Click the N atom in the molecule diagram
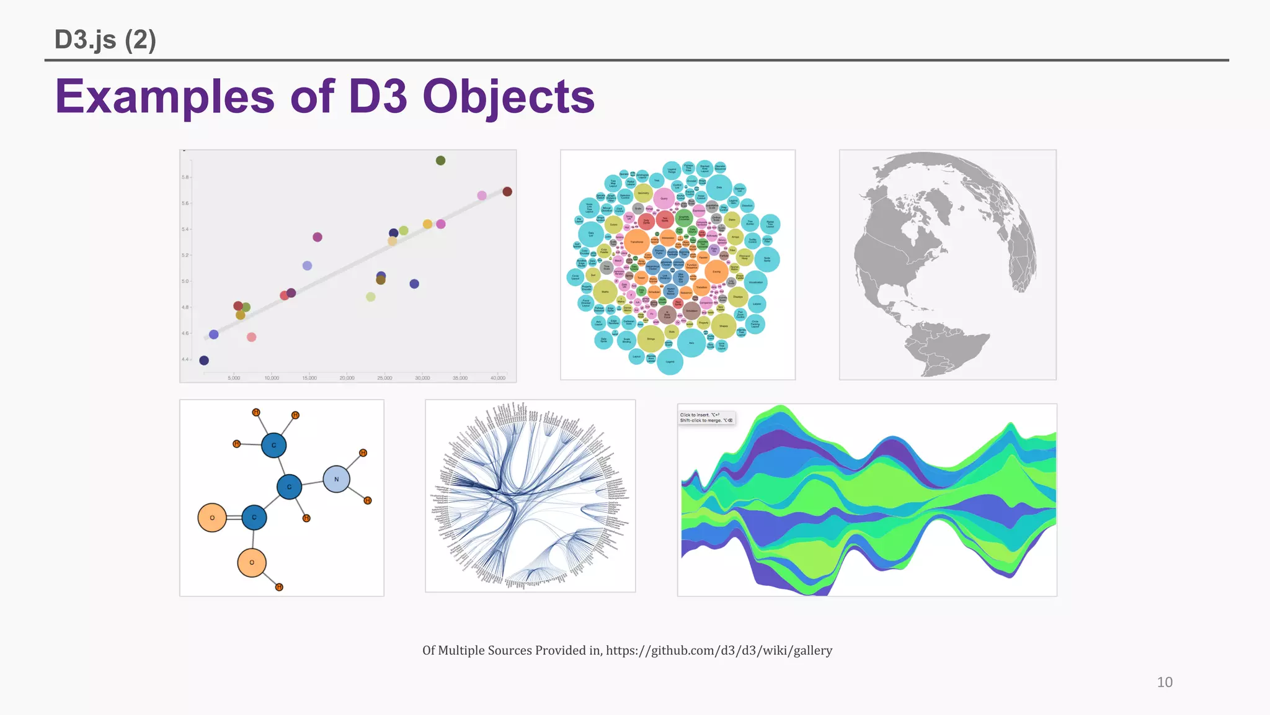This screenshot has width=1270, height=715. click(x=336, y=479)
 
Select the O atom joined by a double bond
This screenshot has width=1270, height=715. click(x=212, y=518)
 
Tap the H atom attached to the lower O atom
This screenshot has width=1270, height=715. click(x=279, y=587)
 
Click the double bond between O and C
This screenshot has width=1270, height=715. click(x=234, y=518)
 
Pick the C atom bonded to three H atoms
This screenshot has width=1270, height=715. click(x=273, y=445)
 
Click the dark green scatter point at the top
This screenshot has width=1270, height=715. click(x=440, y=161)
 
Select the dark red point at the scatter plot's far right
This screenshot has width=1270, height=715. click(x=507, y=191)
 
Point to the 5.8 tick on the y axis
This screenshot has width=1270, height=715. click(x=185, y=178)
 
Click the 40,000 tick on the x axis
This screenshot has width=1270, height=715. click(x=498, y=378)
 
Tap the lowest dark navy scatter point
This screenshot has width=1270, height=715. click(x=204, y=361)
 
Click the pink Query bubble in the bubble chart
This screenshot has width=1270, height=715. click(x=664, y=199)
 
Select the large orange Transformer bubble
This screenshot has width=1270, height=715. click(x=637, y=242)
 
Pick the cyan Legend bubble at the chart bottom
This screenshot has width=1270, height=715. click(x=670, y=362)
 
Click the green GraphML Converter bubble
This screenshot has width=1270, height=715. click(x=684, y=218)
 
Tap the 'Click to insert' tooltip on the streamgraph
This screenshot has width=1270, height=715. click(x=706, y=418)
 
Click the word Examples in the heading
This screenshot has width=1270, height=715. click(x=165, y=97)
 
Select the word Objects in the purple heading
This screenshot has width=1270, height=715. click(x=508, y=97)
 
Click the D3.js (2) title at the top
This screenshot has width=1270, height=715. click(x=105, y=40)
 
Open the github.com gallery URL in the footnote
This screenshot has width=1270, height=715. click(x=719, y=650)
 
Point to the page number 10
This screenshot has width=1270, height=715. click(x=1165, y=682)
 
